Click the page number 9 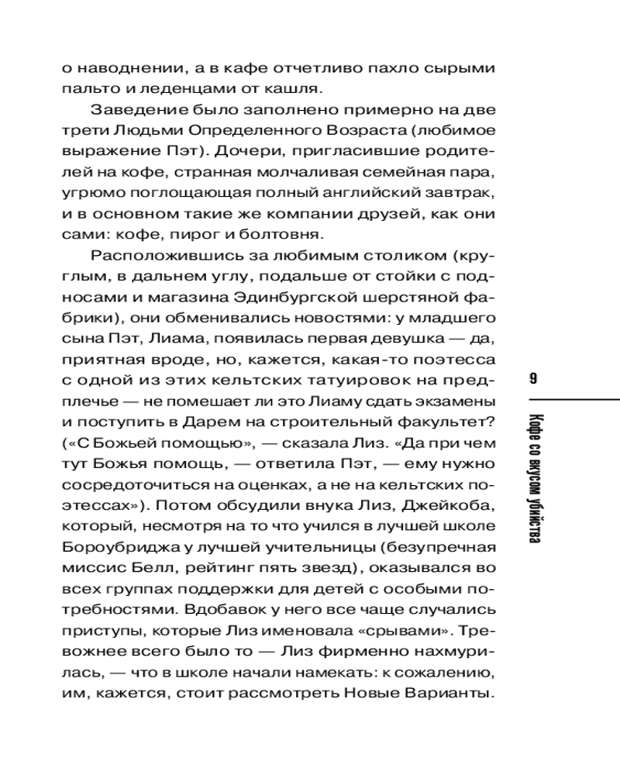tap(533, 379)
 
